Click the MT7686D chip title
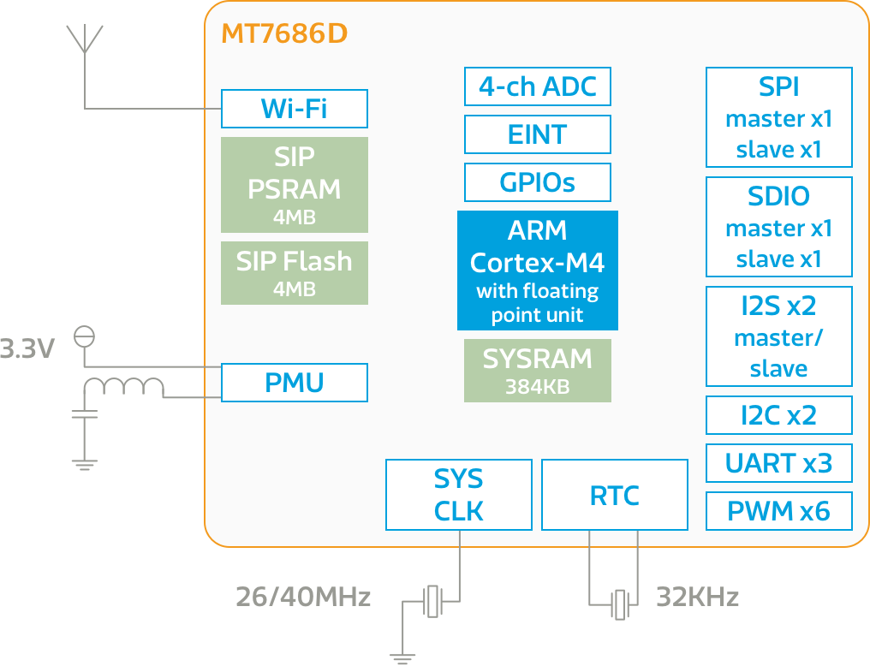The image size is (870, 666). coord(284,34)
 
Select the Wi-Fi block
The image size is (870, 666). coord(294,109)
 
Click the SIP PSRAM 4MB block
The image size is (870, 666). coord(294,185)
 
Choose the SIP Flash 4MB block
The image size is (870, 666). coord(294,273)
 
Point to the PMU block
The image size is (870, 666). coord(294,383)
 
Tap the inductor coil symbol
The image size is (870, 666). coord(123,389)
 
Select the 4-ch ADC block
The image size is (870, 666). coord(537,86)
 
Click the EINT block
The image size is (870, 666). coord(537,134)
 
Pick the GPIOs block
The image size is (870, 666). coord(537,182)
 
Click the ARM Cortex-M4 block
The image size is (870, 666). coord(537,271)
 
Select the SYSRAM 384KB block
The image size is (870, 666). coord(537,371)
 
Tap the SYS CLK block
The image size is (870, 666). coord(458,495)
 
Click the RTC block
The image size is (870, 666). coord(614,495)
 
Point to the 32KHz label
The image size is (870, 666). coord(697,597)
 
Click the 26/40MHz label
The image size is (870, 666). coord(303,597)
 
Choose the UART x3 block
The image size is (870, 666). coord(778,463)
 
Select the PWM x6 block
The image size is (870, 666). coord(778,511)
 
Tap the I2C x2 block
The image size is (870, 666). coord(778,415)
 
